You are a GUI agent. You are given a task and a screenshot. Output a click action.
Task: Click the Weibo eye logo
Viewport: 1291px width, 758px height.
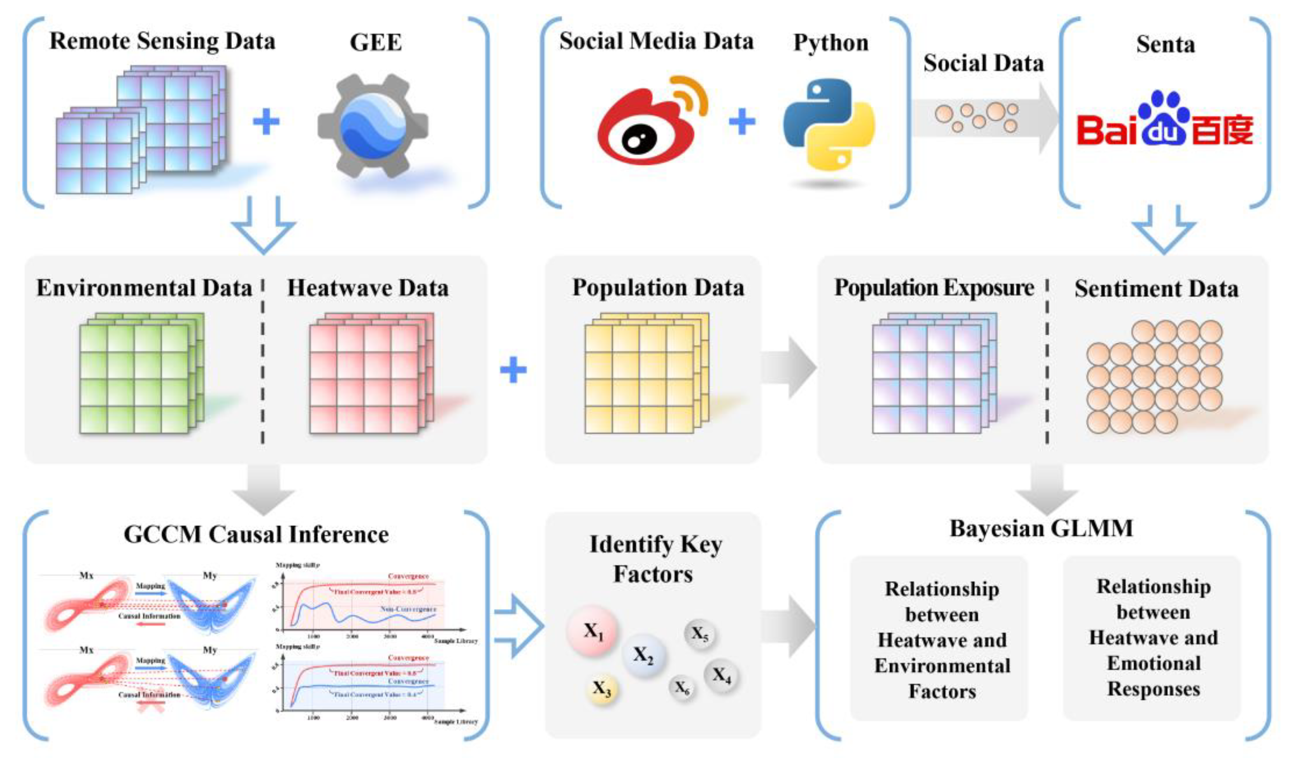[646, 125]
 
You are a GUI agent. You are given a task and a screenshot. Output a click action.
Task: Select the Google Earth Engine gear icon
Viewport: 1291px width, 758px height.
[373, 125]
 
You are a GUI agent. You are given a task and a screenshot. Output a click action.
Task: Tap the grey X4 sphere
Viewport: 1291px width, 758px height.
[721, 676]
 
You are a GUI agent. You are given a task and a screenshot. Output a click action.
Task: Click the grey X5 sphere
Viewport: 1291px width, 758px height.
[699, 634]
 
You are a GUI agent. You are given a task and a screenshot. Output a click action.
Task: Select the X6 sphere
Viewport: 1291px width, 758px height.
[682, 688]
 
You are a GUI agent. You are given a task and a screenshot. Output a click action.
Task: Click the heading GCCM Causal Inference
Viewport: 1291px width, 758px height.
[256, 535]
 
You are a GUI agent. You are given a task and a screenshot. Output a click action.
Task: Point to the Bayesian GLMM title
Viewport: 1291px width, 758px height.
[1041, 528]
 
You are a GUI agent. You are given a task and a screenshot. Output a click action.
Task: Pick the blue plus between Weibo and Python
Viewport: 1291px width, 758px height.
[742, 122]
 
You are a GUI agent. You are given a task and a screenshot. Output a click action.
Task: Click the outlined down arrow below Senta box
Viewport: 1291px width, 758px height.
[1164, 228]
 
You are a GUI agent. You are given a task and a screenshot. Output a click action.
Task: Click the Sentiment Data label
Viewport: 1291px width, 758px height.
[1156, 289]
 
